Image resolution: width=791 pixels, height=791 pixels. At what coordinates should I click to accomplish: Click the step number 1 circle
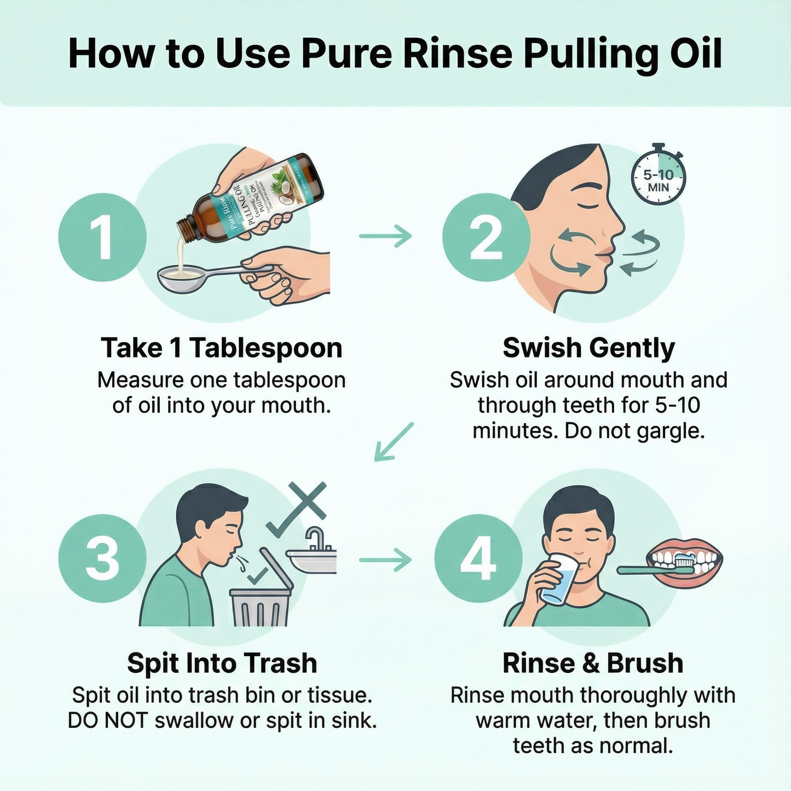(x=102, y=237)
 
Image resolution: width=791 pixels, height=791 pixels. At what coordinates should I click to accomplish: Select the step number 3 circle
(x=102, y=558)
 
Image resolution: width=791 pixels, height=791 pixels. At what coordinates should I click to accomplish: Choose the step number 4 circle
(x=478, y=558)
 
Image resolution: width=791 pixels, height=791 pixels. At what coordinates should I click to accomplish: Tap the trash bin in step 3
(x=259, y=605)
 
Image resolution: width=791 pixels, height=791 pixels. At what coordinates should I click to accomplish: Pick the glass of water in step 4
(x=558, y=579)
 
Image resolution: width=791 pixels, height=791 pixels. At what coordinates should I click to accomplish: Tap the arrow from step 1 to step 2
(x=385, y=236)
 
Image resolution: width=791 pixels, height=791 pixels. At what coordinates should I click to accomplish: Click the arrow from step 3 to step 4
(x=385, y=559)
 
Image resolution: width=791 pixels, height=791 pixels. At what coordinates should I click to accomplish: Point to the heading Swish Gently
(x=588, y=348)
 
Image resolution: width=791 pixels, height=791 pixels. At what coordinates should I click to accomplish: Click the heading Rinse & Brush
(x=593, y=663)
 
